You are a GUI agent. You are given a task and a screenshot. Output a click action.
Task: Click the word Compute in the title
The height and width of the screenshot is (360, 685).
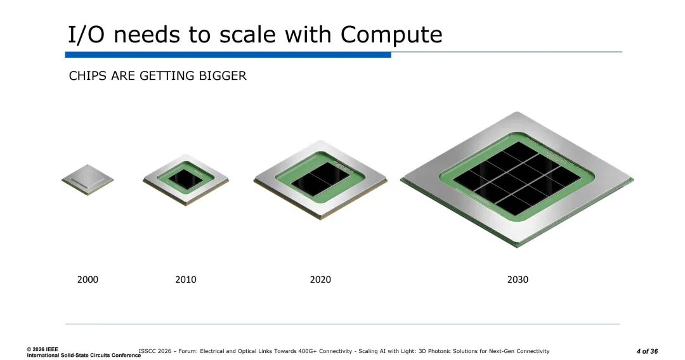pos(391,34)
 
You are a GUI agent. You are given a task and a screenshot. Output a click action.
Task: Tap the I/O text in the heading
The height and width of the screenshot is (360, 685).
pos(86,34)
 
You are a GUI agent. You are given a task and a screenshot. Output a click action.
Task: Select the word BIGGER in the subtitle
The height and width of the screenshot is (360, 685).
pos(223,76)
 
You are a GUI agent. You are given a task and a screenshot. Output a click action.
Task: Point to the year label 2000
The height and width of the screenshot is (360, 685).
pos(88,280)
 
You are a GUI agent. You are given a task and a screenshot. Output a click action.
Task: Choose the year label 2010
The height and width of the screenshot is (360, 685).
pos(186,280)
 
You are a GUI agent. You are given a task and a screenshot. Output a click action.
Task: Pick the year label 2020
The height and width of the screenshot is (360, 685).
pos(320,280)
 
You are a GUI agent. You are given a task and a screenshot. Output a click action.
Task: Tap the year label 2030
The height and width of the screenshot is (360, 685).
pos(518,280)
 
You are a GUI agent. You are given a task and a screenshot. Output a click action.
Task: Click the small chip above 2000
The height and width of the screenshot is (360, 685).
pos(88,179)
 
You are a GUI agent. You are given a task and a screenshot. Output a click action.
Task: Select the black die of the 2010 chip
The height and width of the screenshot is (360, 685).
pos(186,179)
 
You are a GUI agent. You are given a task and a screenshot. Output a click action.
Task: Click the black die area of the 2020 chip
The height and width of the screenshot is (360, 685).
pos(320,179)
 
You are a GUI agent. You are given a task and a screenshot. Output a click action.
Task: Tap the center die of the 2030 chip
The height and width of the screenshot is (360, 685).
pos(518,179)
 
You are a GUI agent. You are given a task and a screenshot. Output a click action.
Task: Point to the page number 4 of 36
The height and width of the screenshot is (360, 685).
pos(647,351)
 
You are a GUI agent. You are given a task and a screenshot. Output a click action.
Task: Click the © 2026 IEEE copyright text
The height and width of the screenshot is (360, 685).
pos(42,349)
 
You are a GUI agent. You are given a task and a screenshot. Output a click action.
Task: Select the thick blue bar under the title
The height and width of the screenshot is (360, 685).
pos(228,55)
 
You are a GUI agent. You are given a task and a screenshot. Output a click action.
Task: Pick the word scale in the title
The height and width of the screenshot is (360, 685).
pos(249,34)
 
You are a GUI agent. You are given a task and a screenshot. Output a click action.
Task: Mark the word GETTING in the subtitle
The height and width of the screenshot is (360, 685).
pos(167,76)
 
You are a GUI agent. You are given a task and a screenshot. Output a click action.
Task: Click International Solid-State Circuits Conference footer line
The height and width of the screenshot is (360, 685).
pos(84,355)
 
